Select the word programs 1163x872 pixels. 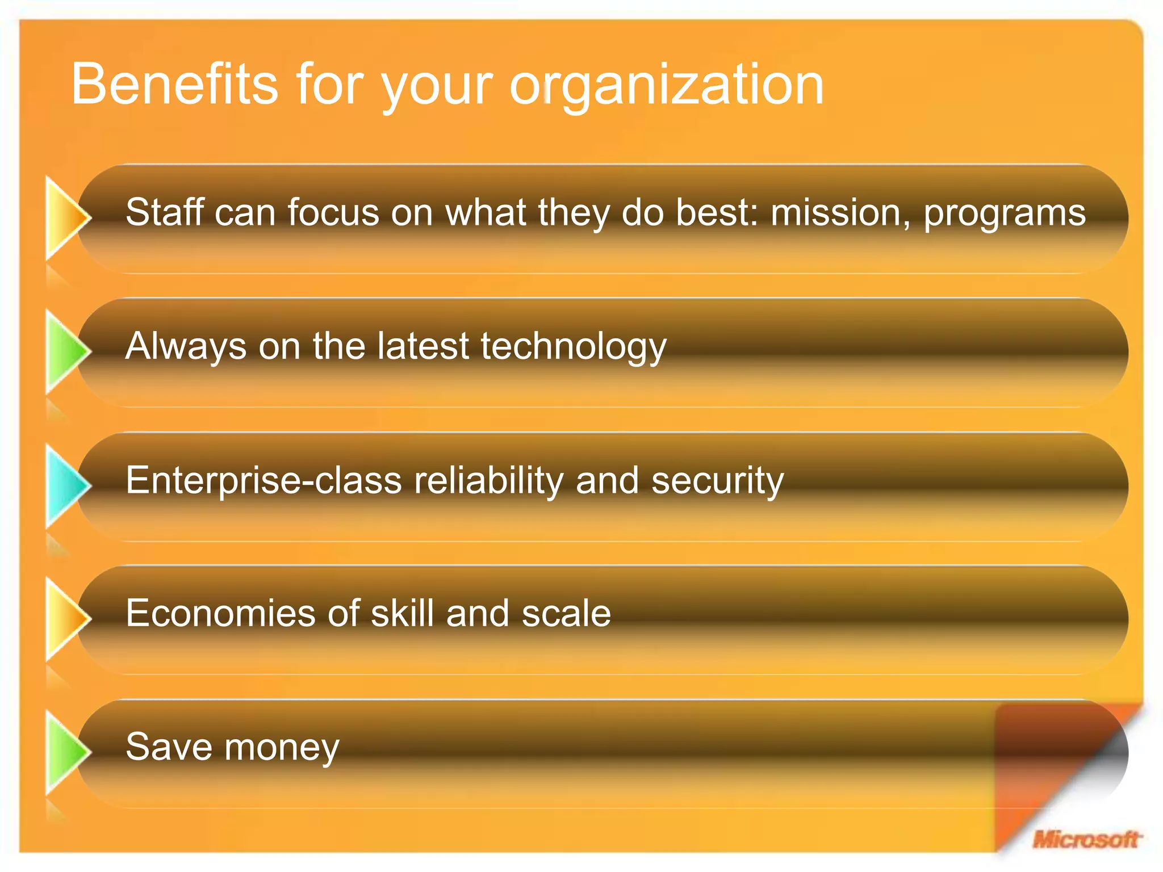[1005, 213]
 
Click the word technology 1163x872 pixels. [574, 346]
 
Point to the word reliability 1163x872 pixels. [488, 480]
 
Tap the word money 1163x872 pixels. [282, 747]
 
